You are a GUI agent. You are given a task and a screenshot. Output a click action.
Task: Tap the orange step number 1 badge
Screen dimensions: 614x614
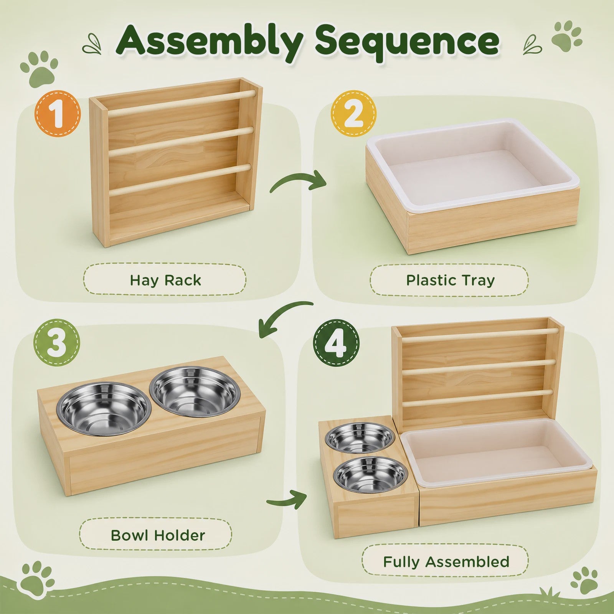pos(58,114)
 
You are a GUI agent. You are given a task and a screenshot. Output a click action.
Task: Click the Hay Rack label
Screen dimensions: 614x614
pos(165,280)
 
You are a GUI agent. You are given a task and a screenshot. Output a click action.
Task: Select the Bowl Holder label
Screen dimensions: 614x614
pos(158,535)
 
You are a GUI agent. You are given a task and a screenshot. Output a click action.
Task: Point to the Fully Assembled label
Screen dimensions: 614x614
pos(446,562)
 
